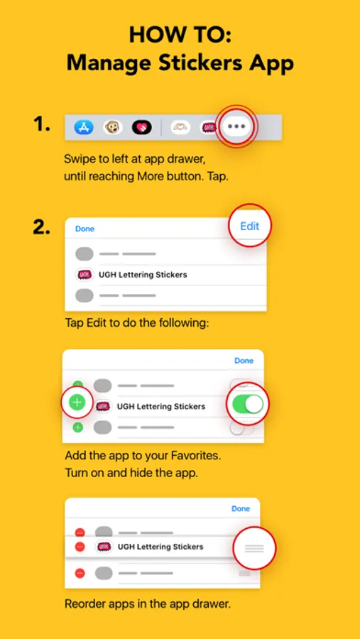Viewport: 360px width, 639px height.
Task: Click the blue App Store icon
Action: pos(84,128)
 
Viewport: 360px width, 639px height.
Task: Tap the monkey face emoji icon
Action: pos(112,128)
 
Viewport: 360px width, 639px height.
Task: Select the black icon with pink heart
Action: pos(142,128)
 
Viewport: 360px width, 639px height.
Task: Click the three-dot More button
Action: pos(236,126)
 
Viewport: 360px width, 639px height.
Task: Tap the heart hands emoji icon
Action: pos(180,128)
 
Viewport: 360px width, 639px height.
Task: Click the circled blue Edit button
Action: pos(249,226)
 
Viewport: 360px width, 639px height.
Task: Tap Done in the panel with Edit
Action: pos(84,229)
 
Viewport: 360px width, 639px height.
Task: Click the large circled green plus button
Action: pos(77,403)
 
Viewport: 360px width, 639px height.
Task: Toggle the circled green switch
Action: pos(248,404)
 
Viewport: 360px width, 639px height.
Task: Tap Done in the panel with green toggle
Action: pos(244,361)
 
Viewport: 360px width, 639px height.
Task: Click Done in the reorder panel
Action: pos(241,508)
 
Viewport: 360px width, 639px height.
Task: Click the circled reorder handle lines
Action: pos(254,548)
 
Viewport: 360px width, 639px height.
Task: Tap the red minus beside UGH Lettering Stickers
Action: pos(80,547)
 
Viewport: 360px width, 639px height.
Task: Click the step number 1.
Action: pos(42,124)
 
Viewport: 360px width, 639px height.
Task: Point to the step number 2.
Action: pos(42,228)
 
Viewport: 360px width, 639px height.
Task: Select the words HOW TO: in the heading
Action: pos(180,35)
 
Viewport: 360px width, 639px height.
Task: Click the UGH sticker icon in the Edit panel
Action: pos(84,275)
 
